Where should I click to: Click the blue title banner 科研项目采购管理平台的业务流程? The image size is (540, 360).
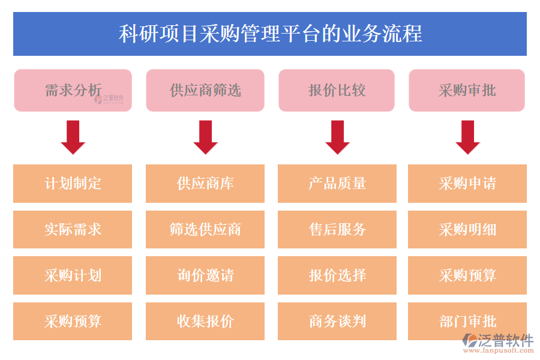tap(270, 34)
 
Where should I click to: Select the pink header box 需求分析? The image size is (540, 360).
tap(73, 90)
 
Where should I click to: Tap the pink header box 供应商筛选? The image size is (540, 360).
tap(205, 90)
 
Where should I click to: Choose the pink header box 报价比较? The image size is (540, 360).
tap(337, 90)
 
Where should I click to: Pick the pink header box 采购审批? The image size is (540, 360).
tap(467, 90)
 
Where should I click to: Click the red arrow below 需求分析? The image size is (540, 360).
tap(73, 137)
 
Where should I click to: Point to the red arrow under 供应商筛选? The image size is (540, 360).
tap(205, 137)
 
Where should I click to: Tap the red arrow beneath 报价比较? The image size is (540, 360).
tap(337, 137)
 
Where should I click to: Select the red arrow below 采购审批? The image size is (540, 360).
tap(467, 137)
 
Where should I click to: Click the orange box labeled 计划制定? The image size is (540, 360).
tap(73, 184)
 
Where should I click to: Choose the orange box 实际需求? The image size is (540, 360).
tap(73, 229)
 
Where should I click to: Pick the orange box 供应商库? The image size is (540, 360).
tap(205, 184)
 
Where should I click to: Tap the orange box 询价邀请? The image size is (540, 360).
tap(205, 275)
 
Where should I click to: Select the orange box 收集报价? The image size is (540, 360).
tap(205, 321)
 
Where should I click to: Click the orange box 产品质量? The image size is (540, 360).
tap(337, 184)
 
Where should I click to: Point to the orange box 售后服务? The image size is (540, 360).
tap(337, 229)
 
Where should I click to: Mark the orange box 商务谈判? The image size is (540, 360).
tap(337, 321)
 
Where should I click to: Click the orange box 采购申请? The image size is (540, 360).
tap(467, 184)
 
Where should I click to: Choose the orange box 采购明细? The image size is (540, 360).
tap(467, 229)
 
